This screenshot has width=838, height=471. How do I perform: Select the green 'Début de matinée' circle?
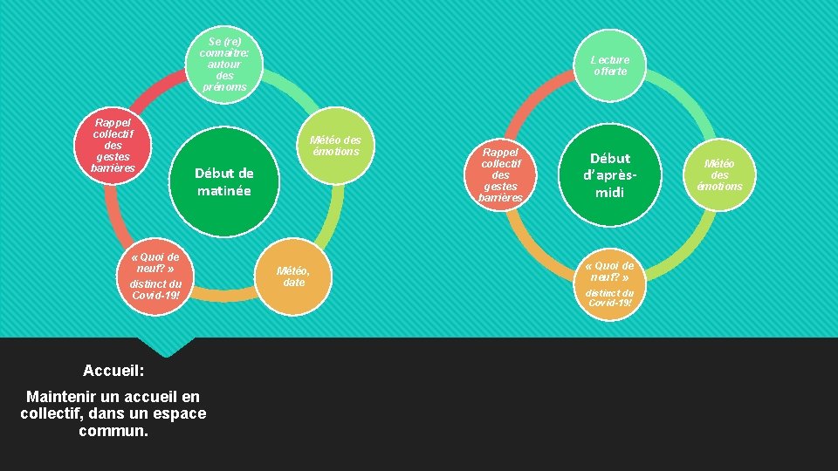pos(223,181)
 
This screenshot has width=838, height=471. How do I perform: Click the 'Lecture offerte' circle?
pos(610,65)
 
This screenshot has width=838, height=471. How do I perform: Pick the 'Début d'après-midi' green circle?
pos(609,174)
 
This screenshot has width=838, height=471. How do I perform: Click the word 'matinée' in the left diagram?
pos(223,190)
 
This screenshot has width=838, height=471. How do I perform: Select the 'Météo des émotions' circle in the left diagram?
pos(334,146)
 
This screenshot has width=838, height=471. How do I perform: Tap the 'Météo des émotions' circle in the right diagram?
pos(720,174)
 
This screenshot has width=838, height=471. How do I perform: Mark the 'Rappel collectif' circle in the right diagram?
pos(501,174)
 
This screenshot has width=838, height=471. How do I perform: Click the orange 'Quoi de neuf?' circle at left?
pos(155,276)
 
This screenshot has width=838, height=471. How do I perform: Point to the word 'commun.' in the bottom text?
pos(113,431)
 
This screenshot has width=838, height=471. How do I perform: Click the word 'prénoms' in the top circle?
pos(224,86)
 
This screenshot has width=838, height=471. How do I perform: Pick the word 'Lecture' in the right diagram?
pos(610,59)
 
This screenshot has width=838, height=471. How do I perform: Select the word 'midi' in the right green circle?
pos(609,192)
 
